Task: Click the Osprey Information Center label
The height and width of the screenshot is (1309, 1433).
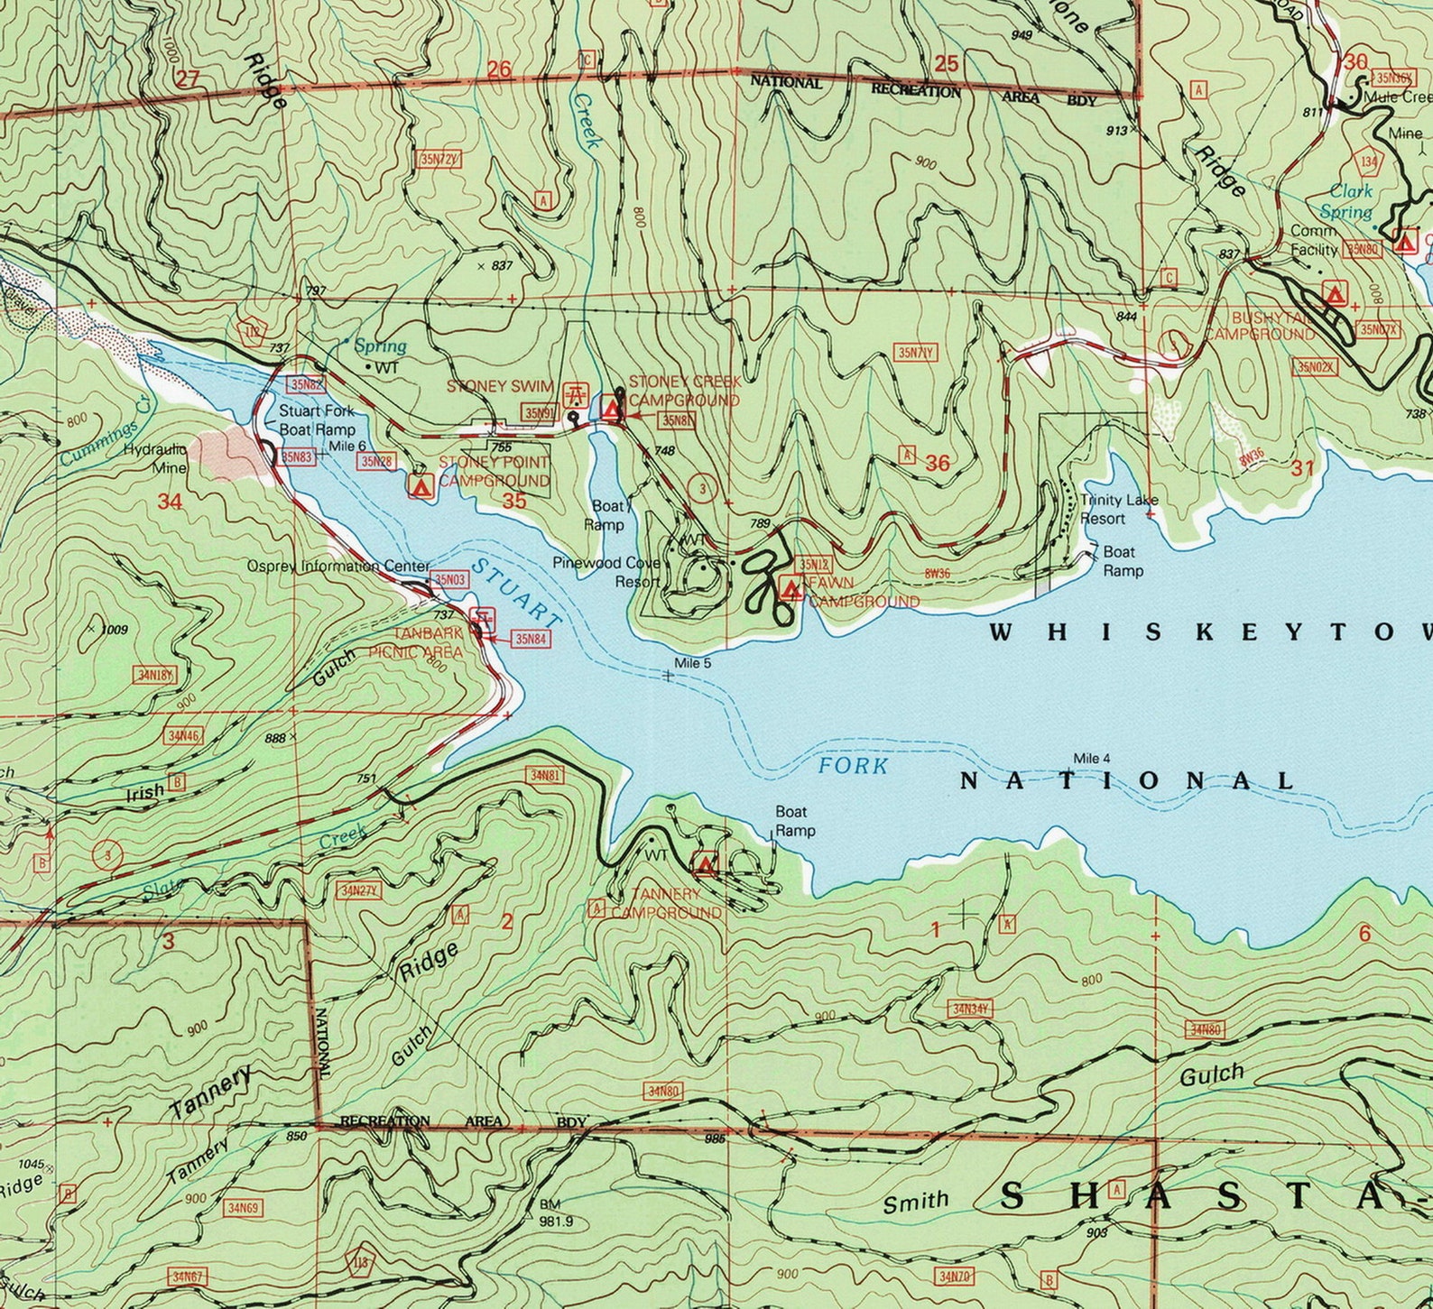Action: click(338, 567)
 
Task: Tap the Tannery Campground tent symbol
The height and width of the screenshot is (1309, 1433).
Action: click(705, 865)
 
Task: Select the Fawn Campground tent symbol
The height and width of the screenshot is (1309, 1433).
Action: click(792, 589)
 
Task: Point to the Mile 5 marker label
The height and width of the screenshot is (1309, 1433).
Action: click(693, 663)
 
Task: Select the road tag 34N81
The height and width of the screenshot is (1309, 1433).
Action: click(546, 775)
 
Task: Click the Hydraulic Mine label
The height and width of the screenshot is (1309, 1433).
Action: click(155, 458)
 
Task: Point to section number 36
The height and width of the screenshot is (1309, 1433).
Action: click(938, 464)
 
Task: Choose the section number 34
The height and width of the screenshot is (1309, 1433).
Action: click(170, 502)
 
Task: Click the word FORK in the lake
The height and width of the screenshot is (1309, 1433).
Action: click(853, 767)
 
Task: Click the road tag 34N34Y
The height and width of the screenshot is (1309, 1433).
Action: click(971, 1009)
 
